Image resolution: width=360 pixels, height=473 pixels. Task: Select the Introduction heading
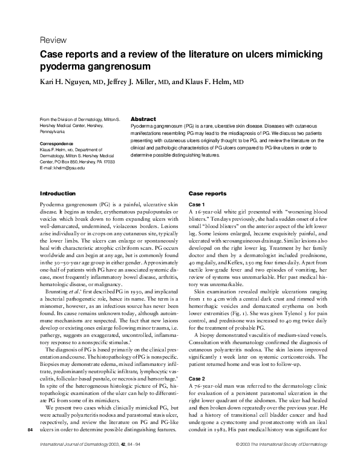pos(57,193)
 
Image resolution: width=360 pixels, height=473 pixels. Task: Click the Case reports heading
pos(208,193)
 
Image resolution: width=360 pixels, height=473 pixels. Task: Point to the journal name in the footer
pos(73,462)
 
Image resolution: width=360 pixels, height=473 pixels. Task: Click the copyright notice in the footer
pos(276,462)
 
